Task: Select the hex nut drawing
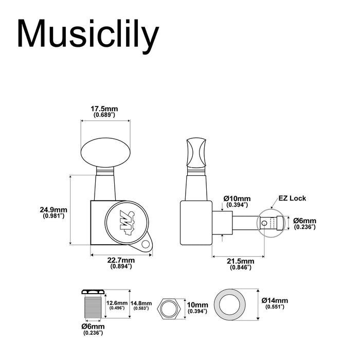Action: tap(168, 309)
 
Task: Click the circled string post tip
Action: tap(271, 223)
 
